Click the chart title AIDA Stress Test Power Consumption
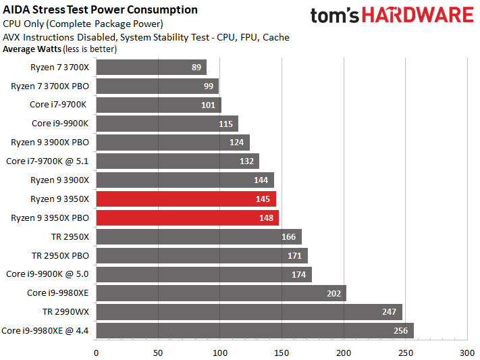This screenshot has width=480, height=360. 101,9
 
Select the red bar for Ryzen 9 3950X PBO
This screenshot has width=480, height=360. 187,217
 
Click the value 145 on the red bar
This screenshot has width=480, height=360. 263,199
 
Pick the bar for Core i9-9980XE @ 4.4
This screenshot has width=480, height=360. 255,330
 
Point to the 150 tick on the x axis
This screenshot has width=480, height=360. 282,352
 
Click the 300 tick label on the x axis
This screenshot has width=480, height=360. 467,352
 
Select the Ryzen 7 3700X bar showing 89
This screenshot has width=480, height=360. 151,68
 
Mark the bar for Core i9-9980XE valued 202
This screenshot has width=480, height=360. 221,292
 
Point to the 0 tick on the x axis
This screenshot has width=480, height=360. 97,352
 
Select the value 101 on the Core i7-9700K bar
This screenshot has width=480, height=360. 208,105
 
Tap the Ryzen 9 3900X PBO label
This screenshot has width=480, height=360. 50,142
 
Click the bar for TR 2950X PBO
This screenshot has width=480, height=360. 202,255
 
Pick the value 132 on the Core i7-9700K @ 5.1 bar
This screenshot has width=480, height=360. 247,161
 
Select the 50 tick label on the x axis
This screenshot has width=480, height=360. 158,352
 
